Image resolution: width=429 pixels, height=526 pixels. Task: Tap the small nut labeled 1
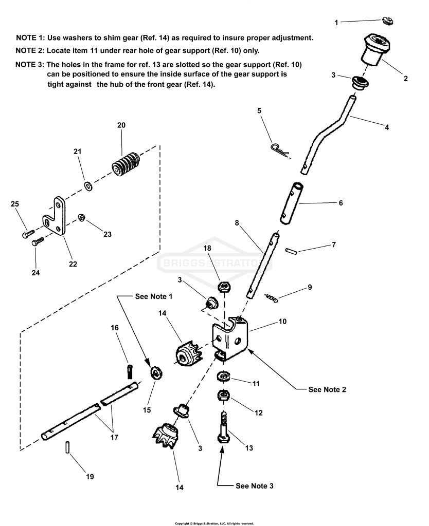388,21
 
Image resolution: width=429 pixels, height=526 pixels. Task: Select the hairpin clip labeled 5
279,151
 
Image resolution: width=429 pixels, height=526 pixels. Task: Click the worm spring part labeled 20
125,163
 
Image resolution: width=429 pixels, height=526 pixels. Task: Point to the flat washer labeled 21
88,185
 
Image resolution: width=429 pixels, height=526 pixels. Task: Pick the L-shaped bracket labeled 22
55,217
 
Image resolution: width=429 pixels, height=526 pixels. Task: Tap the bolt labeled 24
38,241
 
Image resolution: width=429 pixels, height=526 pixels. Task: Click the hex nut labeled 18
223,287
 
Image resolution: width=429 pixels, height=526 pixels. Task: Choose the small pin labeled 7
291,251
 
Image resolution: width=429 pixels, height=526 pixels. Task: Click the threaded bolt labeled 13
223,428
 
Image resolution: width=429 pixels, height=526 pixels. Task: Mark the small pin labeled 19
67,447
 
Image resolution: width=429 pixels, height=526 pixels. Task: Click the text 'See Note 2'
327,389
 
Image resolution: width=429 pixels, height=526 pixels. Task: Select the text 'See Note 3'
254,486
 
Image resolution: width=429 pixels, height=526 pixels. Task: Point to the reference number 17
114,437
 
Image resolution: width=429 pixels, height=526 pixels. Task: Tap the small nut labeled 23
81,218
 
